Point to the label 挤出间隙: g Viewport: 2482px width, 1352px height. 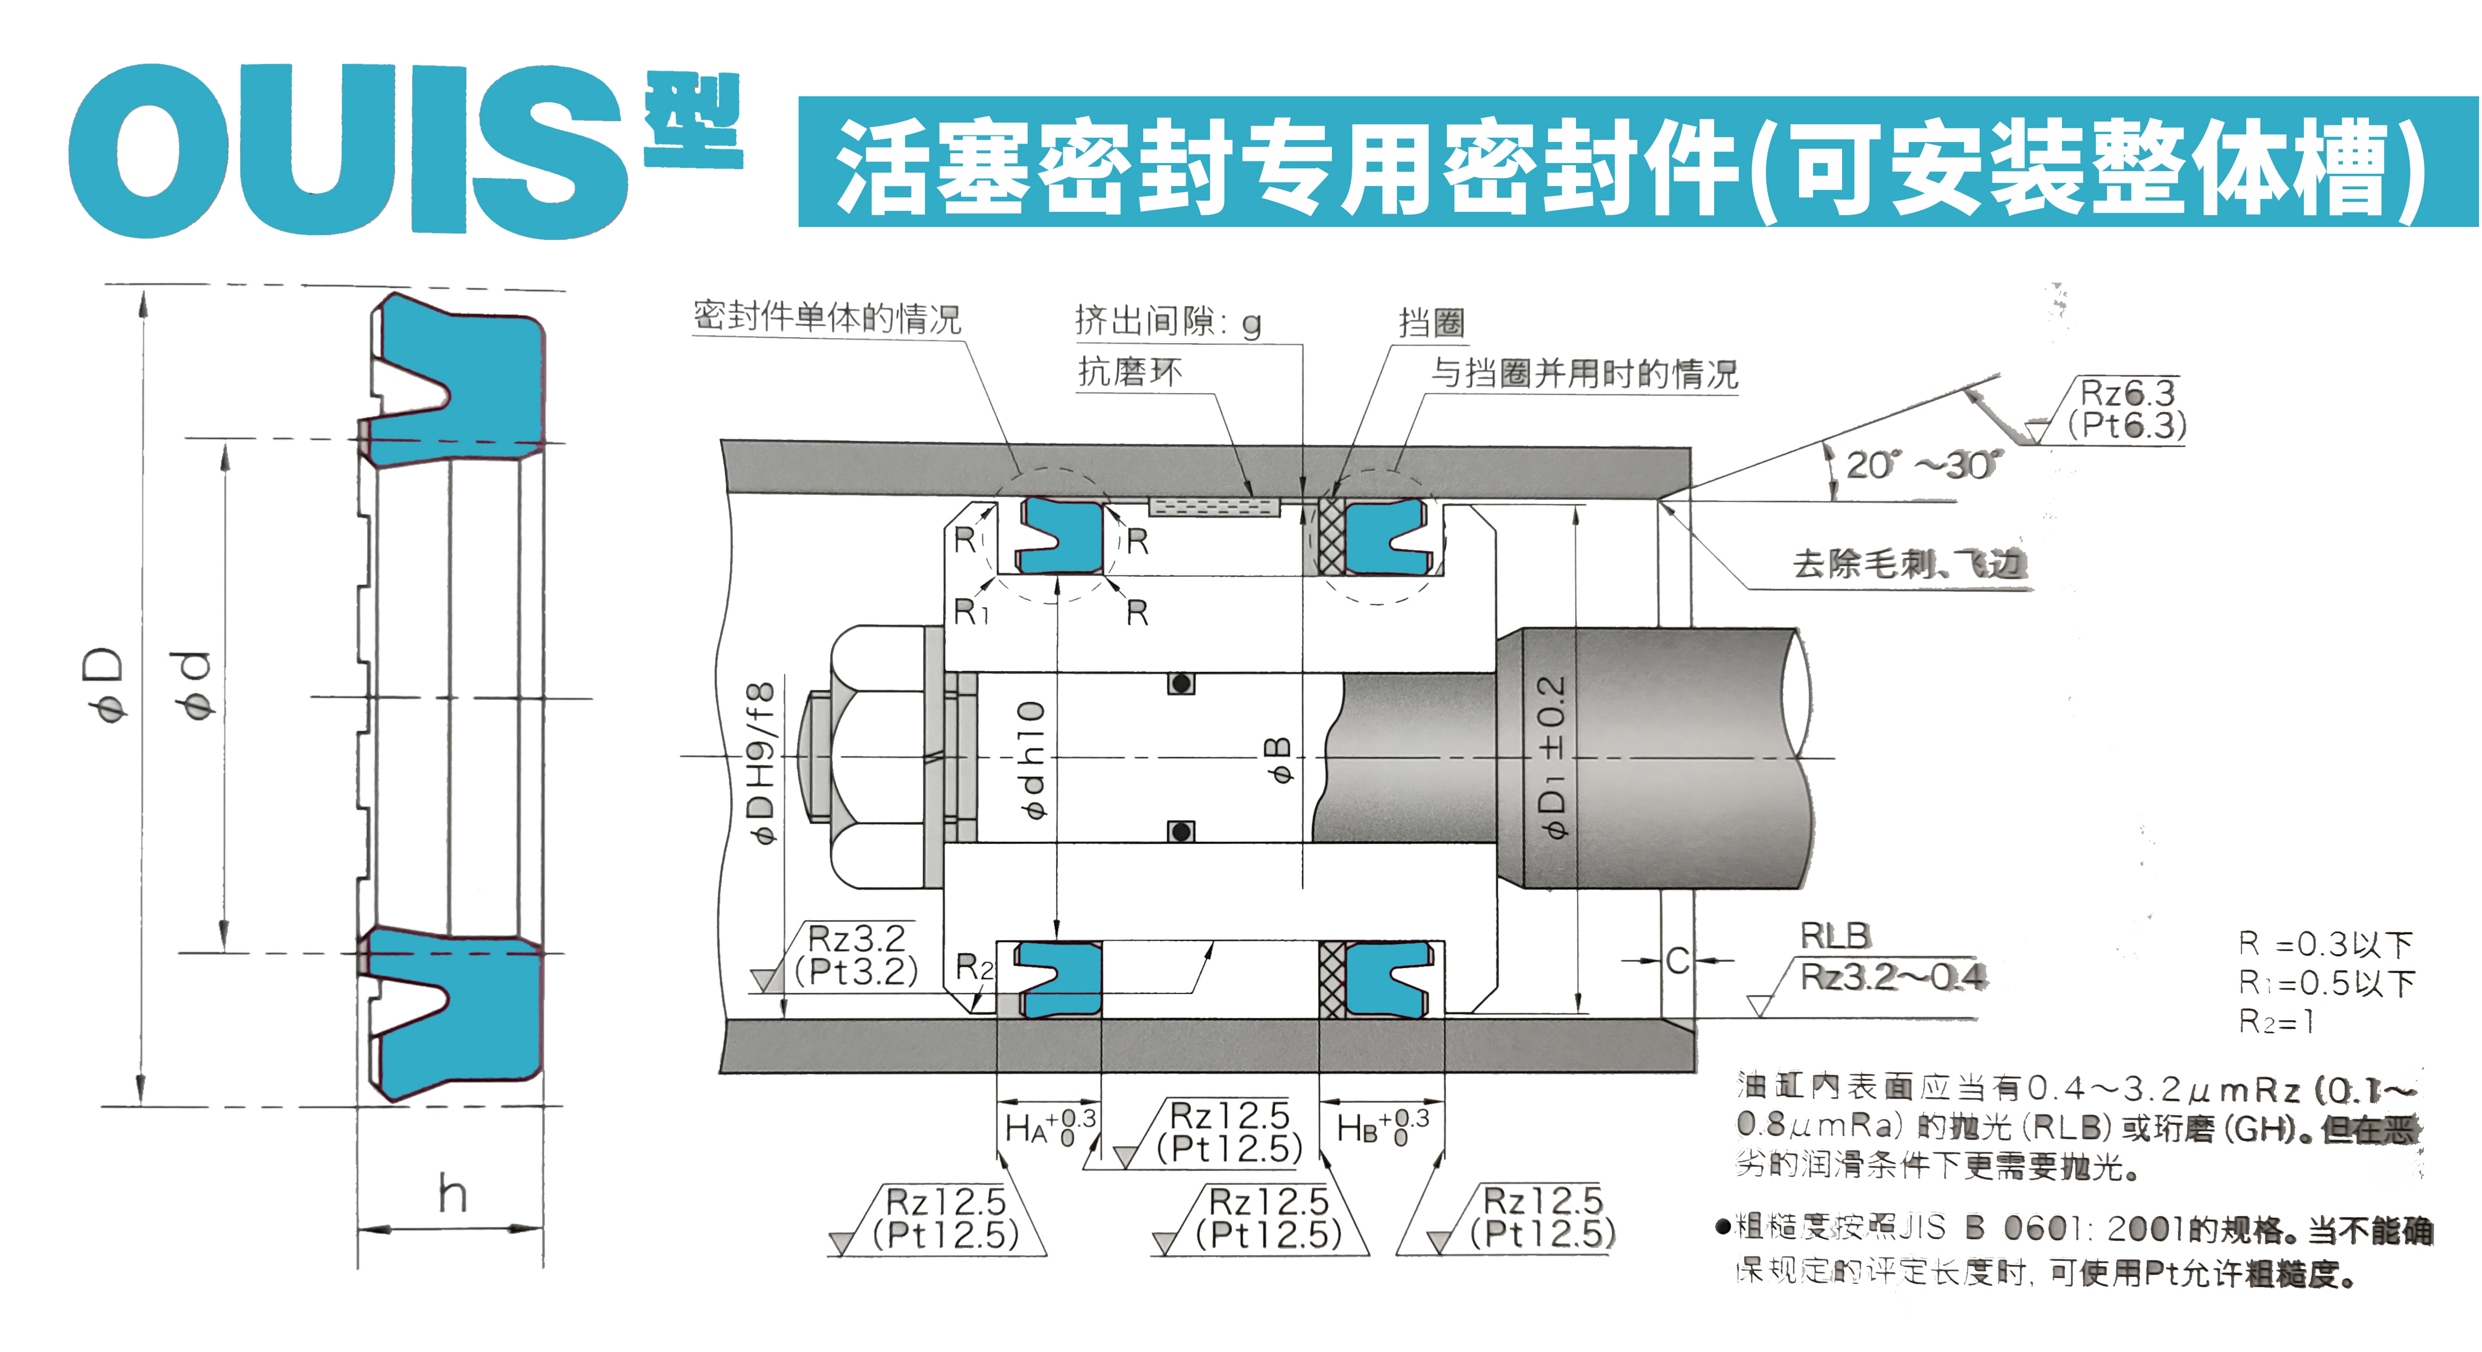point(1168,321)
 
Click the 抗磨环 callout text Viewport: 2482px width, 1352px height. point(1129,371)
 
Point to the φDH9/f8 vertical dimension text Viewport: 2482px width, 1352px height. point(761,763)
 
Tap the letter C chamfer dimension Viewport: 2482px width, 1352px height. point(1678,961)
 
